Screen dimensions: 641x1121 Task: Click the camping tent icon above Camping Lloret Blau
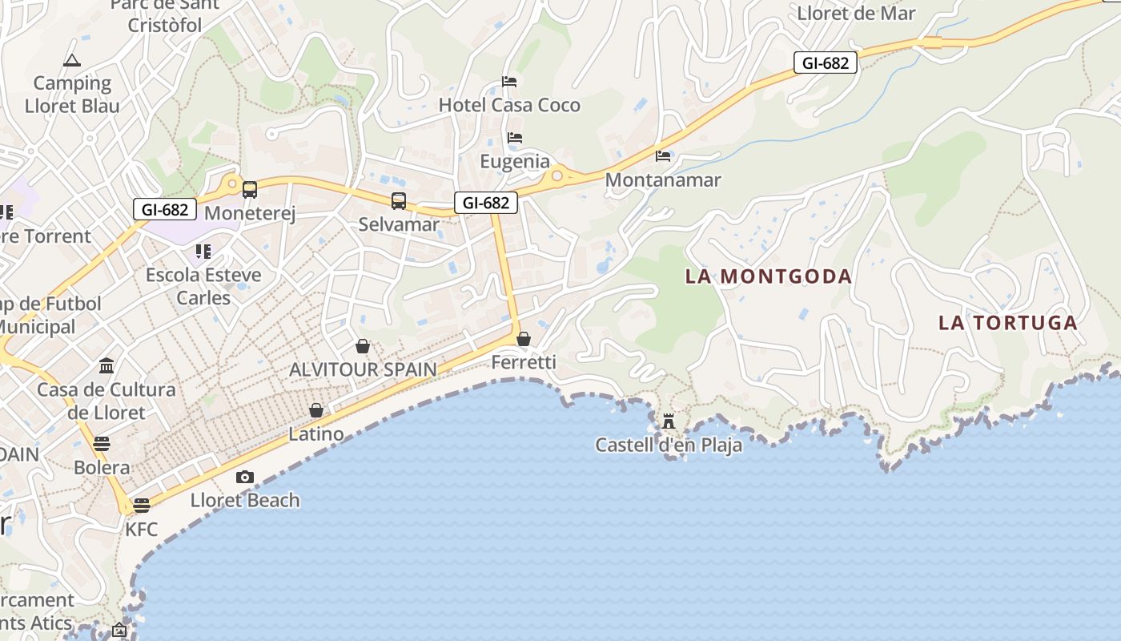(72, 60)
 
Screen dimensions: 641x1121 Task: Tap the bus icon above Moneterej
(250, 190)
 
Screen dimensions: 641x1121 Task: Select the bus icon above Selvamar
(399, 201)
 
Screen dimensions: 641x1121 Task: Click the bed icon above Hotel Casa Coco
(508, 82)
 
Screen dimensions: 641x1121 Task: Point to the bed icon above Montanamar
(663, 156)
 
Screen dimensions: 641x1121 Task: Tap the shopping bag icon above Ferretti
(524, 339)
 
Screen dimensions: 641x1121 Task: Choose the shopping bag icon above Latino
(316, 410)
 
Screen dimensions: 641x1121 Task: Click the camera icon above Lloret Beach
(245, 478)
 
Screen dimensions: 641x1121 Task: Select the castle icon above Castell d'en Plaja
(669, 421)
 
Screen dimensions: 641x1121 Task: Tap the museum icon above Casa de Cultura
(106, 366)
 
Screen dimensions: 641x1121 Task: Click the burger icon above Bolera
(102, 443)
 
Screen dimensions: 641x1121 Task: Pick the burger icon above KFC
(142, 505)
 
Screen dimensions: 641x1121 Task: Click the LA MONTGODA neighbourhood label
(768, 276)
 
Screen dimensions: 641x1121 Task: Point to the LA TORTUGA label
(1007, 323)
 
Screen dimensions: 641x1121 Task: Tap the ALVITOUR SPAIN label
(363, 369)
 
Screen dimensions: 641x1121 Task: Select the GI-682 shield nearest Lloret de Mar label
(825, 62)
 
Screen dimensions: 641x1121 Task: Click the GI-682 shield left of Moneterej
(165, 210)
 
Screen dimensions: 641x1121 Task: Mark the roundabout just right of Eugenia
(556, 175)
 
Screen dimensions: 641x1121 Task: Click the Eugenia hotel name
(515, 162)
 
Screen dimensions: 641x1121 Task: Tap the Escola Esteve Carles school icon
(203, 252)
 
